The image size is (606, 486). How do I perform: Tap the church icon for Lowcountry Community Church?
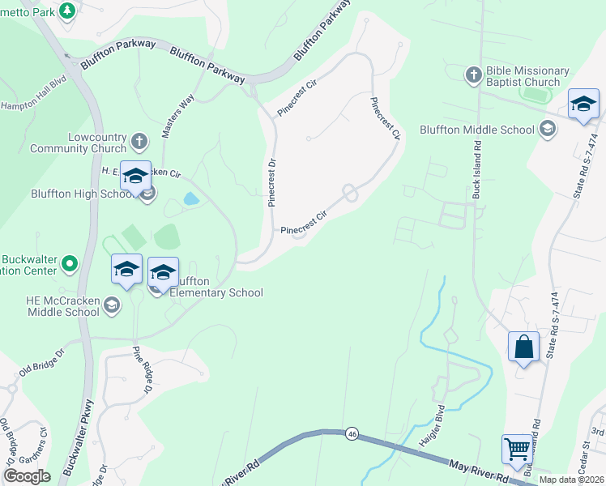point(139,143)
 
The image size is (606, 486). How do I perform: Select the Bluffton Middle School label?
point(477,130)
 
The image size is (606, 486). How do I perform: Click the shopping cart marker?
point(518,449)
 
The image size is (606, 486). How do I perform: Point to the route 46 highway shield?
point(351,433)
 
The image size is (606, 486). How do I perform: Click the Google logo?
point(26,475)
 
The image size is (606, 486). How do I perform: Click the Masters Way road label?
point(178,116)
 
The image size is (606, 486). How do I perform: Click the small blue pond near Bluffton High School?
point(191,198)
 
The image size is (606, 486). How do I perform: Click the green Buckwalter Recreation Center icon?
point(70,263)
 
